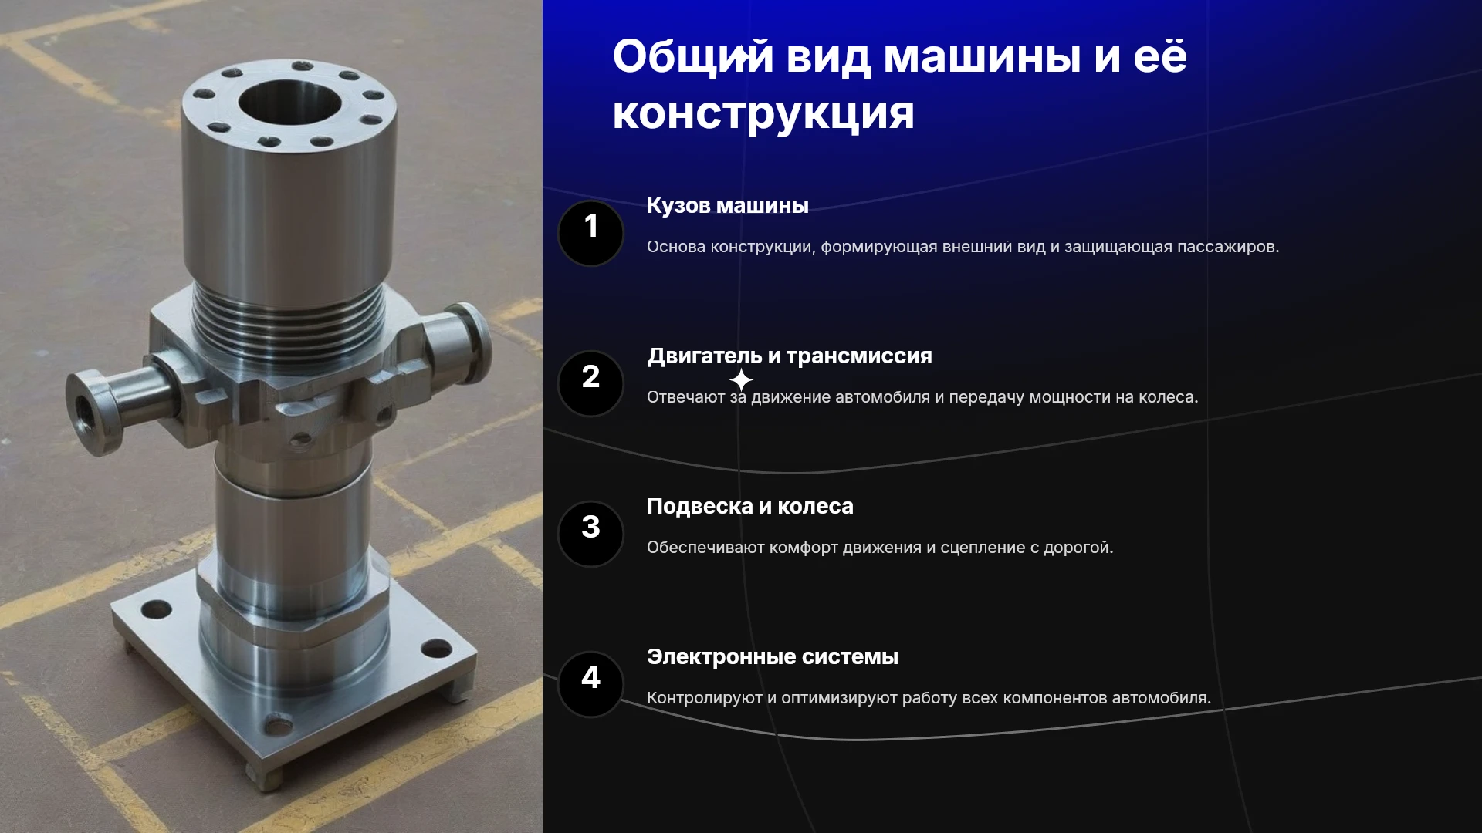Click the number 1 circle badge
(x=590, y=233)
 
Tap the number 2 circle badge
(x=590, y=383)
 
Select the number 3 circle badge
(x=590, y=534)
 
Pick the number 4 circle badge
(x=590, y=684)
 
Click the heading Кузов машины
(x=727, y=206)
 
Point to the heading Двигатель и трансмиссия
(x=789, y=356)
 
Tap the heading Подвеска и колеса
(x=749, y=507)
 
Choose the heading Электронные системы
(x=772, y=657)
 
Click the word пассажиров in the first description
(x=1228, y=247)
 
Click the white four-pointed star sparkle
(x=741, y=380)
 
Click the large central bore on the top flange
(x=290, y=105)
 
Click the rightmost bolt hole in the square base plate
(x=436, y=649)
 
